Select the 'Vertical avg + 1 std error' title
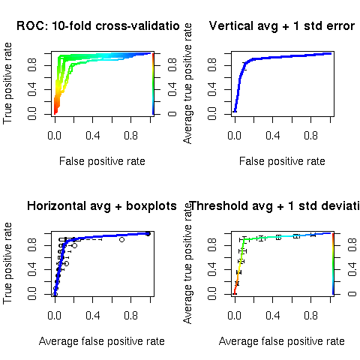click(281, 27)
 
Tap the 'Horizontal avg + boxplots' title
click(102, 206)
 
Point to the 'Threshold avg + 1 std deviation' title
click(274, 206)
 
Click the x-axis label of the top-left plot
click(102, 161)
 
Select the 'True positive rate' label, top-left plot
click(8, 84)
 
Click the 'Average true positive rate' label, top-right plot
click(188, 84)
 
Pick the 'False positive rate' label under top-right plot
click(282, 161)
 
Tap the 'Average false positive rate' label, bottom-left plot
click(102, 341)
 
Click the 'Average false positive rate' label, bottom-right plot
click(282, 341)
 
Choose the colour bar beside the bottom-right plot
click(333, 263)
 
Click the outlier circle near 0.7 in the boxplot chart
click(121, 240)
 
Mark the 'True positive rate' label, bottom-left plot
click(8, 263)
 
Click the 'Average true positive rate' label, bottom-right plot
click(188, 263)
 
